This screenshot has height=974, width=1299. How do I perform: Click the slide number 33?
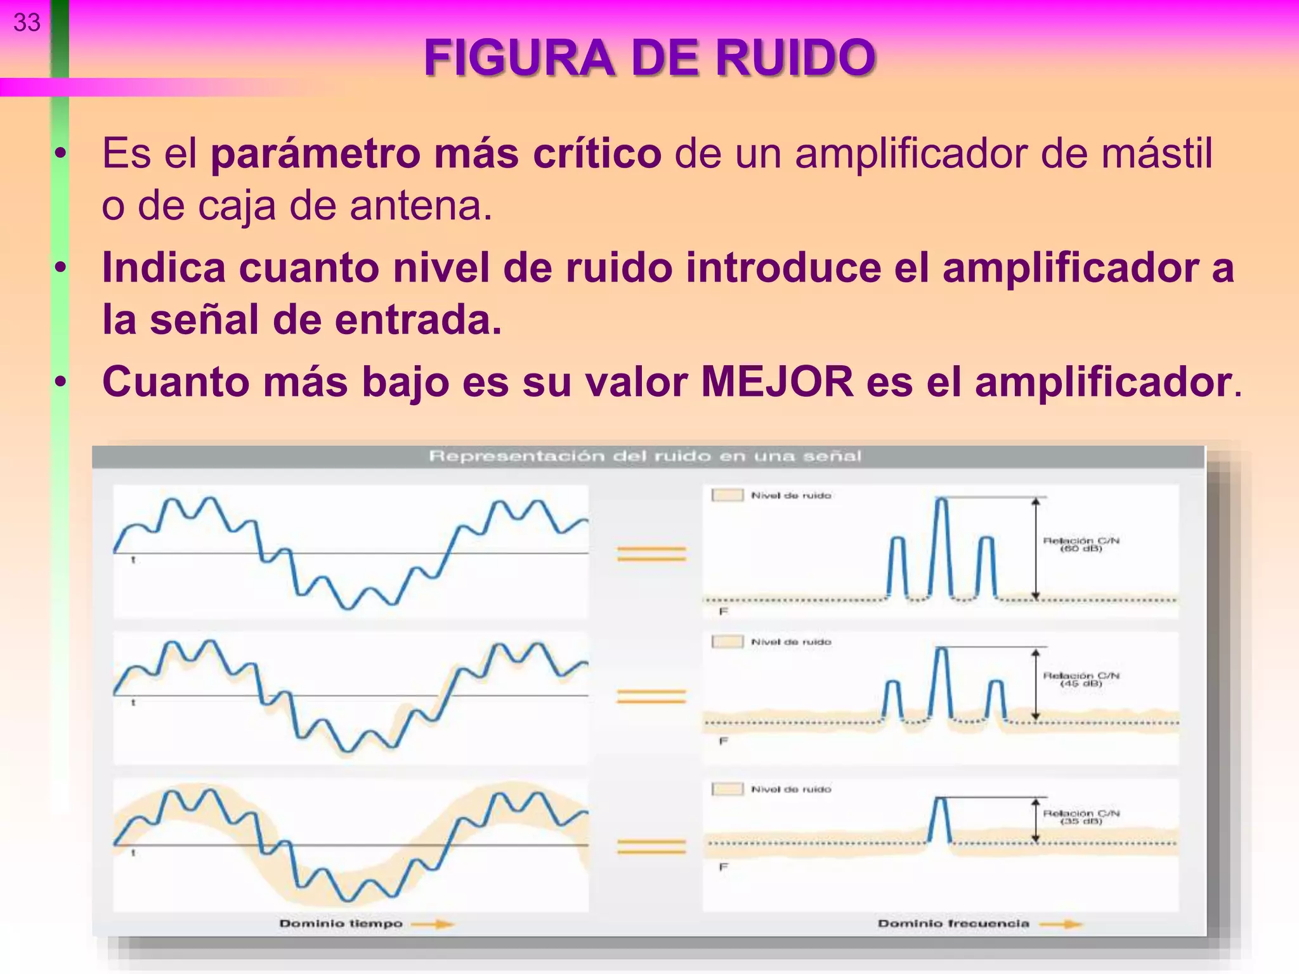click(x=27, y=23)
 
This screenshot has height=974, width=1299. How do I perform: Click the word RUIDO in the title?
click(x=795, y=58)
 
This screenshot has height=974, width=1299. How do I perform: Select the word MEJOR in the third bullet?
click(x=777, y=382)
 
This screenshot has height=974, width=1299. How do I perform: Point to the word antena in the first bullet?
click(x=421, y=206)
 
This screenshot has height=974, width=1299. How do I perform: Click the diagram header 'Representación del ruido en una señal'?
click(x=645, y=456)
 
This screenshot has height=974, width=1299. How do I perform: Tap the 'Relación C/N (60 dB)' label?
click(x=1081, y=544)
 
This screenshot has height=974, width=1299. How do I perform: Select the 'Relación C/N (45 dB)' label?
click(x=1081, y=679)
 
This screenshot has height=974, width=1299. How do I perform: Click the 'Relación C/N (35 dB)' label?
click(x=1081, y=817)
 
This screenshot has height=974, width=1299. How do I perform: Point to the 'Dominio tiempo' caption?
click(x=341, y=923)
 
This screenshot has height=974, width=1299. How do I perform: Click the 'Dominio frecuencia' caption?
click(x=953, y=923)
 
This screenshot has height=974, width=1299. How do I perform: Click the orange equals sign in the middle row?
click(x=651, y=696)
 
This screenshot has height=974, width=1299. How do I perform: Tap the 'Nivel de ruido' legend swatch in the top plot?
click(x=727, y=495)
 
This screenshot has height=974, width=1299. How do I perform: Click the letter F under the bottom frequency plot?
click(x=723, y=867)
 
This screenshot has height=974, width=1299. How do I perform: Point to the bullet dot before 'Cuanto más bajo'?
click(x=60, y=382)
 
